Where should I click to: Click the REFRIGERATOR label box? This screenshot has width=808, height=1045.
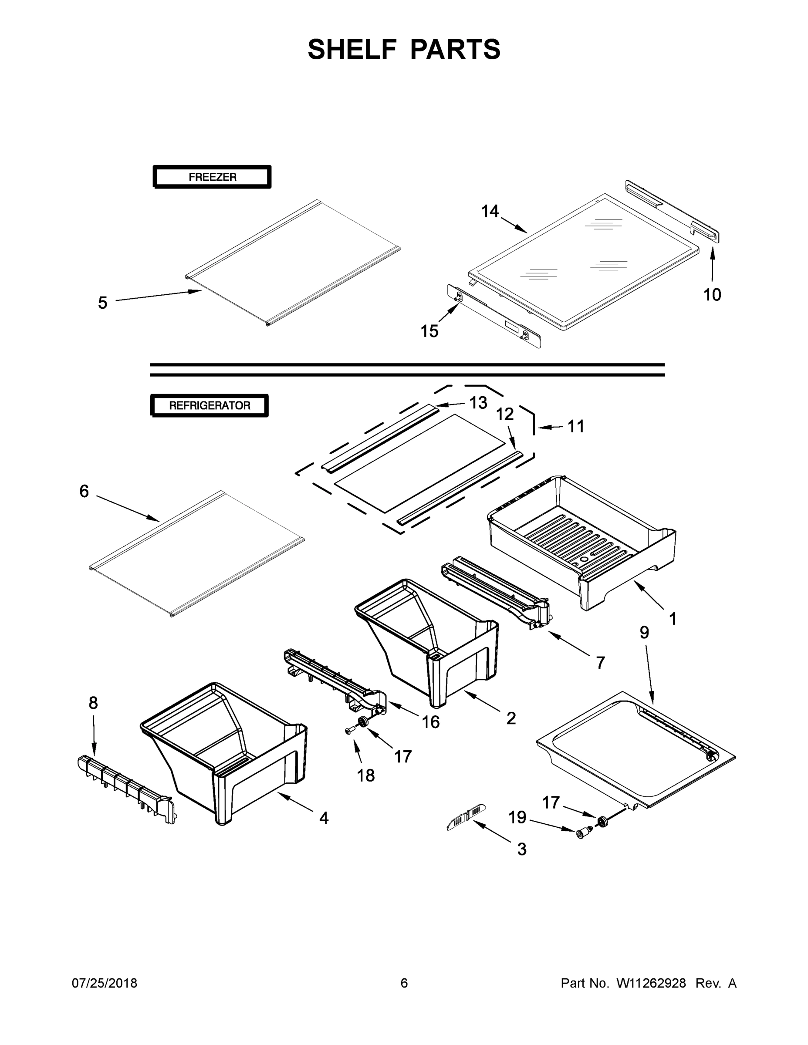210,405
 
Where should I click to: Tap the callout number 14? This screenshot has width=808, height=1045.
490,211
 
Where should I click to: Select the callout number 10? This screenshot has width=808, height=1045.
712,294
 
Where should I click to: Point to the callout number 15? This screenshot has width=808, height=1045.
429,330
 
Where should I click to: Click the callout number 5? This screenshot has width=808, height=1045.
102,303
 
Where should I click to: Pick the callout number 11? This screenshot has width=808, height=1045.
576,426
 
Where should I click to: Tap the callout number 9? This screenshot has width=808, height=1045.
644,632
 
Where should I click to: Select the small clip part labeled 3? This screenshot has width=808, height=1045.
463,820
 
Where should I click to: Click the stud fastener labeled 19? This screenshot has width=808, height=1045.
582,833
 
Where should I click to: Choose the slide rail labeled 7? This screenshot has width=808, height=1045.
495,593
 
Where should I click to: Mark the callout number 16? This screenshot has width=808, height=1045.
430,721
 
